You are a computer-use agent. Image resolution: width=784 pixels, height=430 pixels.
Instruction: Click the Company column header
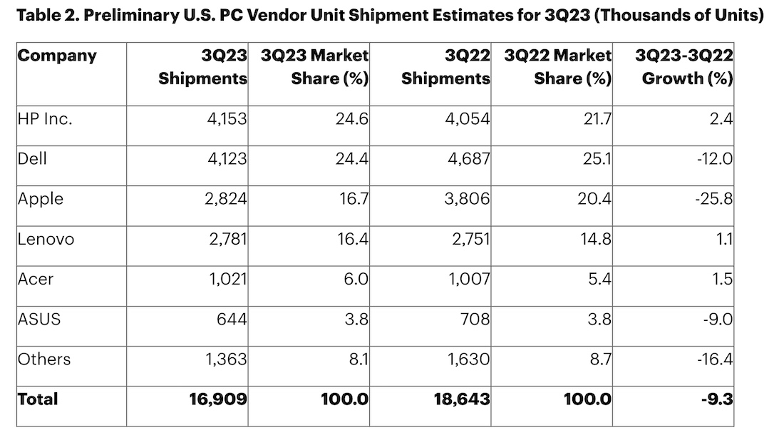coord(56,56)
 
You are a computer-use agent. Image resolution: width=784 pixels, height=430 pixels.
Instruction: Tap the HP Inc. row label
coord(44,119)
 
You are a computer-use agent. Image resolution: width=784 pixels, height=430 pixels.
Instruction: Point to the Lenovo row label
coord(46,239)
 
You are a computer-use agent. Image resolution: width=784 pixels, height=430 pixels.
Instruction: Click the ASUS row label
coord(39,319)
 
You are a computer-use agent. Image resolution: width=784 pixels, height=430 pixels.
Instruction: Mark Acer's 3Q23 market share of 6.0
coord(354,279)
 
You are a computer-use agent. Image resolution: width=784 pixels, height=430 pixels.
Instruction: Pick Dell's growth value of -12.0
coord(713,159)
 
